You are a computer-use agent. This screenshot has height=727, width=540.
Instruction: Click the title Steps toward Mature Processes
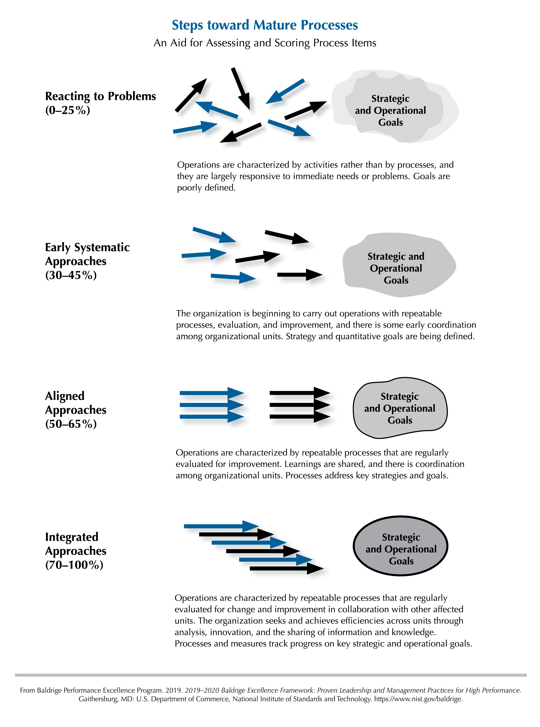[265, 25]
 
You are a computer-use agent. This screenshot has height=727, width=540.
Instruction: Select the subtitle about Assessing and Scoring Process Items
[265, 43]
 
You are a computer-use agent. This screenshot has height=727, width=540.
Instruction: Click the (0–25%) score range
[68, 110]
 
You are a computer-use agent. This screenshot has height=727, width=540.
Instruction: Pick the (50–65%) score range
[71, 424]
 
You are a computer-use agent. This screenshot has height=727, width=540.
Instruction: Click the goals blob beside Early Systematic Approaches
[399, 265]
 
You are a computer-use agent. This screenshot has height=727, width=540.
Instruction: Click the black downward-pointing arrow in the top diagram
[241, 89]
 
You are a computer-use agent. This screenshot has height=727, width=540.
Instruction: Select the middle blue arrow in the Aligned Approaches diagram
[212, 405]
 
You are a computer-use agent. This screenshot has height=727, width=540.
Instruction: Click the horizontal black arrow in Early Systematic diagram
[300, 275]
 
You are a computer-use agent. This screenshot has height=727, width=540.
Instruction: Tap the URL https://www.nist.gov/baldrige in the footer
[418, 699]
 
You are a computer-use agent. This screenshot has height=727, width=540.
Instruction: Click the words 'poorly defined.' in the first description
[206, 188]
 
